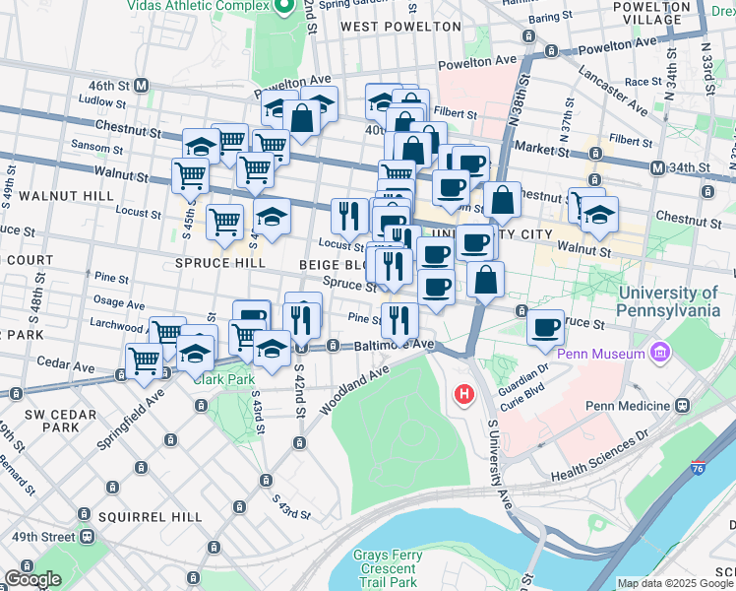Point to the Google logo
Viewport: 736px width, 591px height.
(32, 579)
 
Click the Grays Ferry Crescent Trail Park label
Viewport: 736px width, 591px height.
(388, 568)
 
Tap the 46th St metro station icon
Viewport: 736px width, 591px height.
(142, 86)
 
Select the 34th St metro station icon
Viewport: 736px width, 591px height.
(657, 167)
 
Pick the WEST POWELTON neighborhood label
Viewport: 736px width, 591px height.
(400, 27)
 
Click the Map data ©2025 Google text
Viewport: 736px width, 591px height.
(675, 583)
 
